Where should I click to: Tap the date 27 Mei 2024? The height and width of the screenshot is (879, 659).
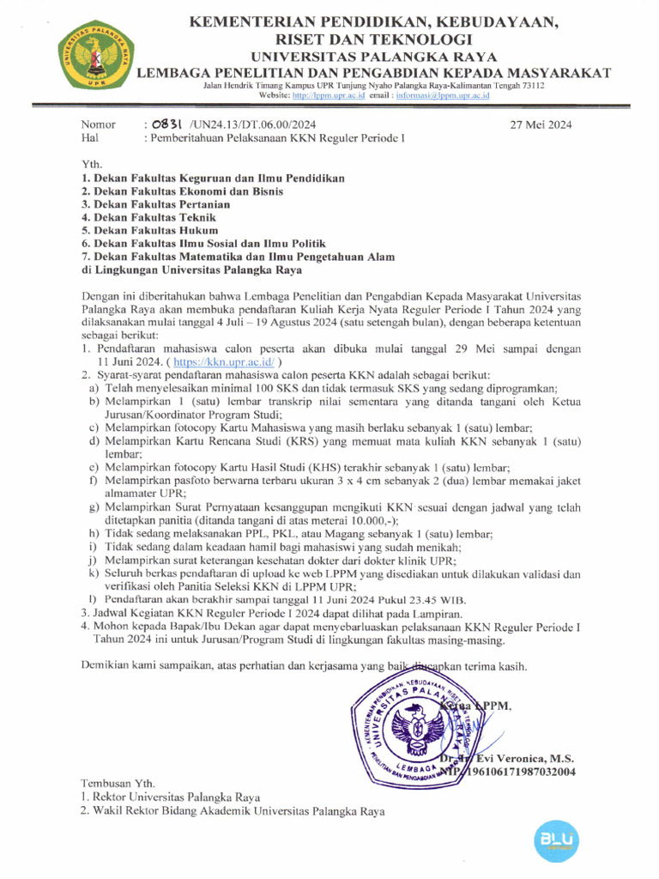(541, 124)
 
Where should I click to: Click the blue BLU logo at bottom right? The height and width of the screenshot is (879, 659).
(557, 838)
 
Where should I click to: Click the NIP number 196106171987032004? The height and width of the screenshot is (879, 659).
(518, 773)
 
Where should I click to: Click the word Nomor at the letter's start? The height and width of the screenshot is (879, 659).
(98, 124)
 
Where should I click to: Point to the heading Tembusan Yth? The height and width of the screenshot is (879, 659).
(118, 783)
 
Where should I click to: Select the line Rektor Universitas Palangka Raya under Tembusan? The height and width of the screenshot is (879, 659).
(176, 797)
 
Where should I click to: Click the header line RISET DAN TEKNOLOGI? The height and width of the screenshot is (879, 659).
(372, 39)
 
